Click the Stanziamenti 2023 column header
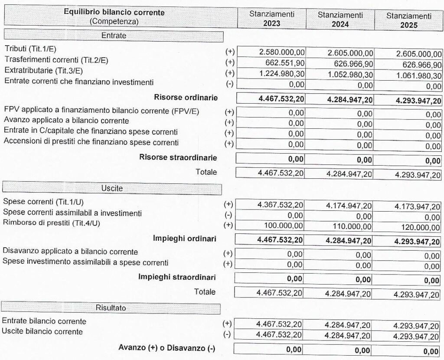point(271,19)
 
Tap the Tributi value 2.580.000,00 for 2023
point(281,52)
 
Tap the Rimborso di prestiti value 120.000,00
point(419,227)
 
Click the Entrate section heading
point(114,36)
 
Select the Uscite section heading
point(112,189)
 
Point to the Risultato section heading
point(111,308)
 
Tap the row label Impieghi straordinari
point(177,277)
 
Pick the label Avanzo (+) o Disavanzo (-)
point(167,348)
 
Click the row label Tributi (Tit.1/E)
point(30,49)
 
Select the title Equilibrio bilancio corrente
point(114,13)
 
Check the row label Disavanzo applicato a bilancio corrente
point(70,252)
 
